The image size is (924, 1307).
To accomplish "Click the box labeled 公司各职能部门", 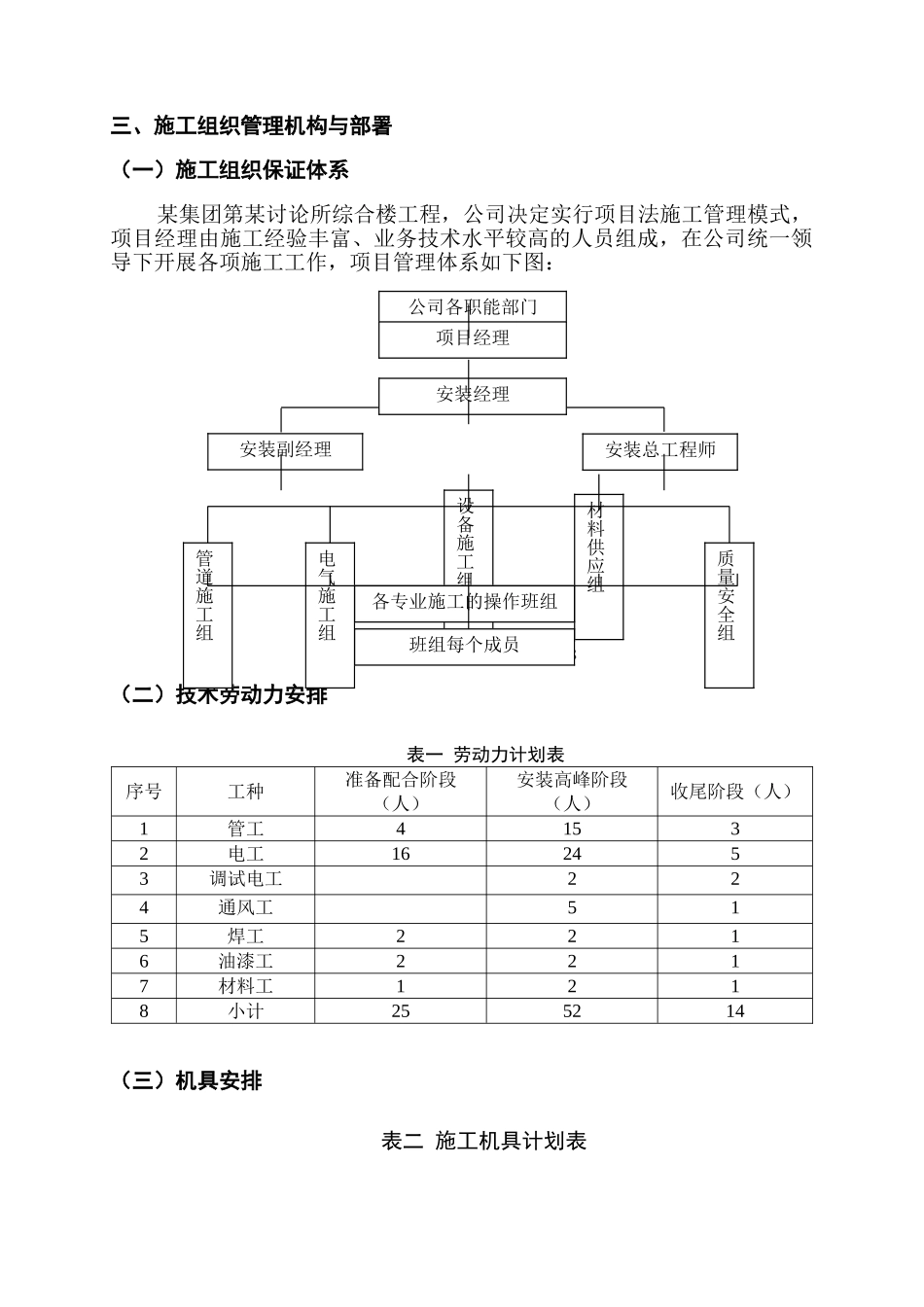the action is [473, 307].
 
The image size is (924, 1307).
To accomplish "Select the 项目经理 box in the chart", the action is [473, 339].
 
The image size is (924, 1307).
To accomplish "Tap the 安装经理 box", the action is [473, 395].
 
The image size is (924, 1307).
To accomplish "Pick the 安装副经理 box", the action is [285, 450].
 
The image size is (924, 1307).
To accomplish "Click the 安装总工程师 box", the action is [660, 450].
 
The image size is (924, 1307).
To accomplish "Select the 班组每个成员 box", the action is [464, 645].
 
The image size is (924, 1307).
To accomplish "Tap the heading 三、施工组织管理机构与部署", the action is [253, 126].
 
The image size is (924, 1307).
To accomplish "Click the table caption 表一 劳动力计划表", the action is [485, 755].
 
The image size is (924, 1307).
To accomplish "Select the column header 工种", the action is [245, 792].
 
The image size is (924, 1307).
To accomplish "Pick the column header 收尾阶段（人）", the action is [734, 792].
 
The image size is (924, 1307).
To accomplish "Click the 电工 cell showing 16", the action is [401, 855].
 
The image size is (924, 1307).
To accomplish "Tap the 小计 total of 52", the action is [572, 1011].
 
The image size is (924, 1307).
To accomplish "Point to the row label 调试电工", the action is [245, 880].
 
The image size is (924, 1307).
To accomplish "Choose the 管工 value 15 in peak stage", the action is [572, 830].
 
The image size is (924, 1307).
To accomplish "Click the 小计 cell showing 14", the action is [734, 1011].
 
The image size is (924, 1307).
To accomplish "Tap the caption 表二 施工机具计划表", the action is [484, 1142].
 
